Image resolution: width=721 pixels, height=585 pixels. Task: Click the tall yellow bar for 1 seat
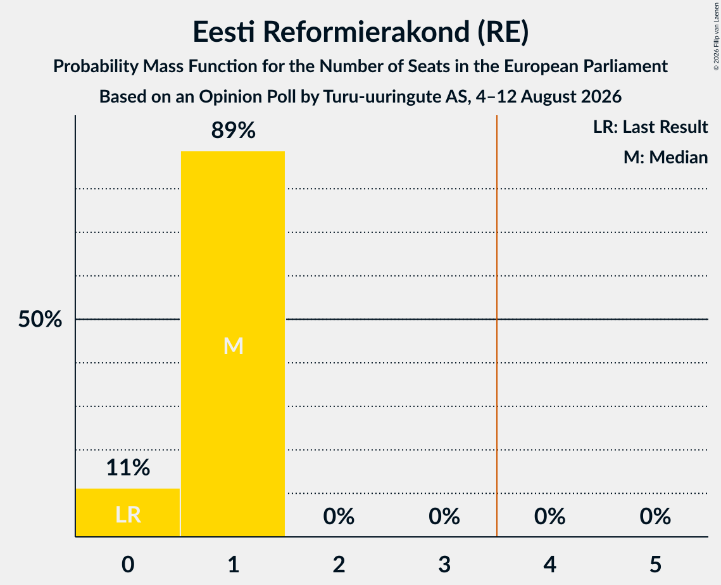(x=233, y=344)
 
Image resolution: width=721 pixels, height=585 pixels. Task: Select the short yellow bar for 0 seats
(x=128, y=512)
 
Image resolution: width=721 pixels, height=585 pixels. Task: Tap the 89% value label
(x=233, y=130)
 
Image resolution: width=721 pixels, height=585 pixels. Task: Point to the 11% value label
(x=128, y=468)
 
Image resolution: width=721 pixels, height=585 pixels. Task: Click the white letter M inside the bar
(x=233, y=346)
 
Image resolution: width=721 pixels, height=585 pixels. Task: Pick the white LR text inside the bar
(x=128, y=515)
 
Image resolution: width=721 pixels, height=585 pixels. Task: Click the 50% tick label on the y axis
(x=40, y=319)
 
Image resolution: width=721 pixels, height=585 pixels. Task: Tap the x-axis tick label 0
(x=128, y=565)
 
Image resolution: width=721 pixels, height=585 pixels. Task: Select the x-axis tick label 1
(x=234, y=565)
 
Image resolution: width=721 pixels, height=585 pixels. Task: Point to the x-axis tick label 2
(x=339, y=565)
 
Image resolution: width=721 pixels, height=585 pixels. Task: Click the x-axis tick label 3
(x=444, y=565)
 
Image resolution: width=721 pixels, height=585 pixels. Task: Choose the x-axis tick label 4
(x=550, y=565)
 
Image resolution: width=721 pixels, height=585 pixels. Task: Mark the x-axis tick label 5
(x=655, y=565)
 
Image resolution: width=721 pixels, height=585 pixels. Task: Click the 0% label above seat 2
(x=339, y=517)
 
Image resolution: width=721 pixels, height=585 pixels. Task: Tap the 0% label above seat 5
(x=655, y=517)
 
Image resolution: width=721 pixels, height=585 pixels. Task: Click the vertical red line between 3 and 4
(x=497, y=325)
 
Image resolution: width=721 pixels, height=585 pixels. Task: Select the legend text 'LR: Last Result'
(x=650, y=127)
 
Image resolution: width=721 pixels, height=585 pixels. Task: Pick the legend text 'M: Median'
(x=665, y=158)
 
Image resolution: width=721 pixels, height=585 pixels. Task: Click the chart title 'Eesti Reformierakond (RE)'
(x=361, y=32)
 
